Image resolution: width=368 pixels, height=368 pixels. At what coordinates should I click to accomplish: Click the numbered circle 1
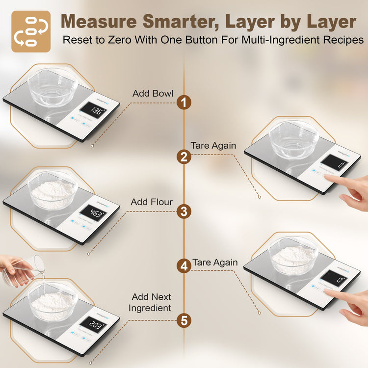tap(184, 103)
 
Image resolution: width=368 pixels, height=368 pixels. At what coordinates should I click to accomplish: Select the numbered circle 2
tap(184, 157)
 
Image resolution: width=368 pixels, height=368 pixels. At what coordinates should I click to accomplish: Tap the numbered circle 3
tap(184, 211)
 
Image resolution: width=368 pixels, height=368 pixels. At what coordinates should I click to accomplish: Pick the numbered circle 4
tap(184, 266)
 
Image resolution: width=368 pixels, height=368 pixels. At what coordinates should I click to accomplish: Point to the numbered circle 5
tap(184, 321)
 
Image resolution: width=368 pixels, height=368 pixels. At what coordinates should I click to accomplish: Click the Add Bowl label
tap(153, 93)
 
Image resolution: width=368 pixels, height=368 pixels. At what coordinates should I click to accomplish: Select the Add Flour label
tap(152, 202)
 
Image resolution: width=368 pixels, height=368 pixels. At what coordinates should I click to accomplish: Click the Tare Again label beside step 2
tap(213, 146)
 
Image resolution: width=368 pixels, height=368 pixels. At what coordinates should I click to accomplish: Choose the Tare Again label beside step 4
tap(215, 263)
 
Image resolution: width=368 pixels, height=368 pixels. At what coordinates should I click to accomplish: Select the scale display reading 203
tap(91, 324)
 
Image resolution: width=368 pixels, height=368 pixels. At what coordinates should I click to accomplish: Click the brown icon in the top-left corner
tap(31, 31)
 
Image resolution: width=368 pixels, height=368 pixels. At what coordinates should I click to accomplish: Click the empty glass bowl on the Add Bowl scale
tap(52, 88)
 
